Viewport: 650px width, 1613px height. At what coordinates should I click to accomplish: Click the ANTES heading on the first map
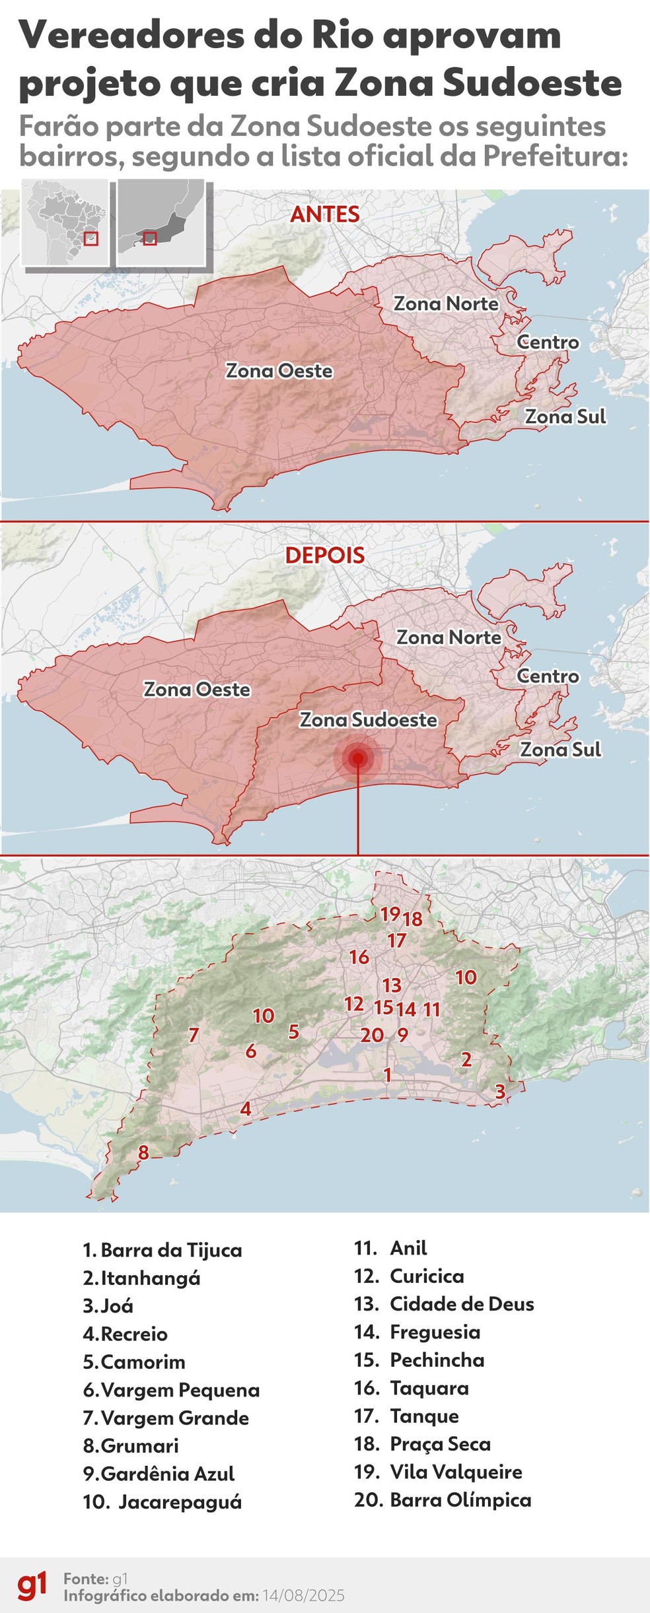324,214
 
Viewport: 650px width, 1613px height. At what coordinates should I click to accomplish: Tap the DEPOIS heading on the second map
324,555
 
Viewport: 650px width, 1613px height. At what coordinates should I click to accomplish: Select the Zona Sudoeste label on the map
368,719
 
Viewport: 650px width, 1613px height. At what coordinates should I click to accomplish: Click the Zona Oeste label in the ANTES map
279,371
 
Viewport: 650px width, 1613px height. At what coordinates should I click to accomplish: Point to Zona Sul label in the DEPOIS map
560,750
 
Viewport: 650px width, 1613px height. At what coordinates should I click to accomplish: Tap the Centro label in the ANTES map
548,342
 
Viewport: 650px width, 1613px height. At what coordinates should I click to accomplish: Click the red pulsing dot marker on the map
358,758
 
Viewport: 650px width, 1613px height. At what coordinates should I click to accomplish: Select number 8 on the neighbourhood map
143,1152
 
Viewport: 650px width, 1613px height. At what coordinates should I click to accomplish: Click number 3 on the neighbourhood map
500,1092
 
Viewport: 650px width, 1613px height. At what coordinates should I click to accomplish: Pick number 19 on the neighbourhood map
390,913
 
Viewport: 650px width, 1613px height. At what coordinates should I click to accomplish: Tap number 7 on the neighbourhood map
194,1035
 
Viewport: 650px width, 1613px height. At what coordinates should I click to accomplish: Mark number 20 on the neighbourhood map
372,1035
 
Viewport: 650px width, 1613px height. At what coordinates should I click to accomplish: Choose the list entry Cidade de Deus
461,1304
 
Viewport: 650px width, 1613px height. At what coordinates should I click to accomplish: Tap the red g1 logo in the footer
32,1586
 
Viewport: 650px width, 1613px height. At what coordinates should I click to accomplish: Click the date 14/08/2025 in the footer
303,1596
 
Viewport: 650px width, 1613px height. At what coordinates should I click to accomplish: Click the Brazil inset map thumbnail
65,222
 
